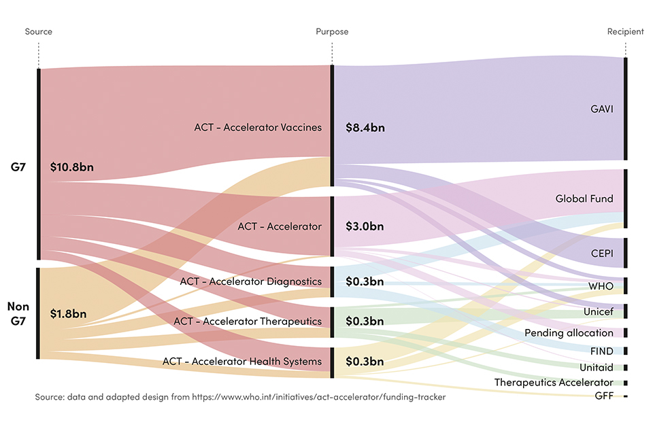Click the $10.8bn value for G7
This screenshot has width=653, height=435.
(x=72, y=167)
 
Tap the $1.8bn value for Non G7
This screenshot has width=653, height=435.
(x=69, y=314)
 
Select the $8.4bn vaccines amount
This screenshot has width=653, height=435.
(x=365, y=127)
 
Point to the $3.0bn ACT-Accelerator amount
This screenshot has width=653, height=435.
(x=365, y=226)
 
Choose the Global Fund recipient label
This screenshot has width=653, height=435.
(x=584, y=199)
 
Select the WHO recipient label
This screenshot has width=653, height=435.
(x=601, y=286)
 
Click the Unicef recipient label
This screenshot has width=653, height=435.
(x=598, y=311)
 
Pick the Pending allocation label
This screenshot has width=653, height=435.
(x=569, y=333)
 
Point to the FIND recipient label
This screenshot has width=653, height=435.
(x=602, y=351)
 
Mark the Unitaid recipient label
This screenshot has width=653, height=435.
(x=597, y=368)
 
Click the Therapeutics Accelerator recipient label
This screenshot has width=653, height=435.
(x=554, y=383)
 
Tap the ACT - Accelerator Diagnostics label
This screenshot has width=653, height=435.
(x=250, y=281)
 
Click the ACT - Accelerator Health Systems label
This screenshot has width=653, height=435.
(x=242, y=362)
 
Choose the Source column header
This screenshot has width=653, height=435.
(x=39, y=32)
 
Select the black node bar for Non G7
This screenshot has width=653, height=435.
(x=39, y=313)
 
